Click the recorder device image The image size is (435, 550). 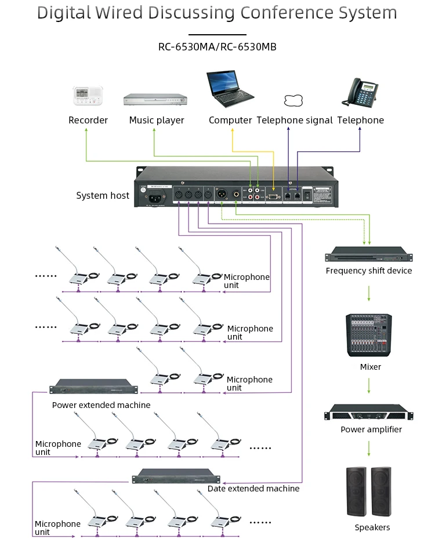(88, 95)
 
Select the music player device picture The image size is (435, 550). (156, 100)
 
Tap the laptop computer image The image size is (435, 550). (229, 90)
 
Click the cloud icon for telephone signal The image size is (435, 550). (294, 100)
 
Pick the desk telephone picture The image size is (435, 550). (360, 92)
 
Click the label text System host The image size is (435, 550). (103, 196)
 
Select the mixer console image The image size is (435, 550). (369, 335)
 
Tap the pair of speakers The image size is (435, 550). (369, 491)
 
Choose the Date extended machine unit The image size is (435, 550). (176, 476)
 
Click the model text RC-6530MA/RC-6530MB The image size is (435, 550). (217, 47)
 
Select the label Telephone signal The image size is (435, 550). (295, 121)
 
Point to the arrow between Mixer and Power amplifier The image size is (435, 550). (368, 387)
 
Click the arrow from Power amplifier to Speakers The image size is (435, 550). (368, 448)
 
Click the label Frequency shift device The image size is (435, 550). (368, 271)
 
